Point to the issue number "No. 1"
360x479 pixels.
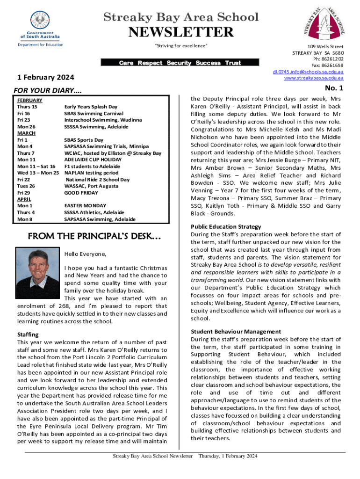tap(334, 88)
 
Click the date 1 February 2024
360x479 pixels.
tap(41, 76)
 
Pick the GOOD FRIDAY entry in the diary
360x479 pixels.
tap(81, 193)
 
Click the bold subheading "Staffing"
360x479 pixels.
tap(28, 334)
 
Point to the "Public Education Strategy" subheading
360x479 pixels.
tap(226, 226)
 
